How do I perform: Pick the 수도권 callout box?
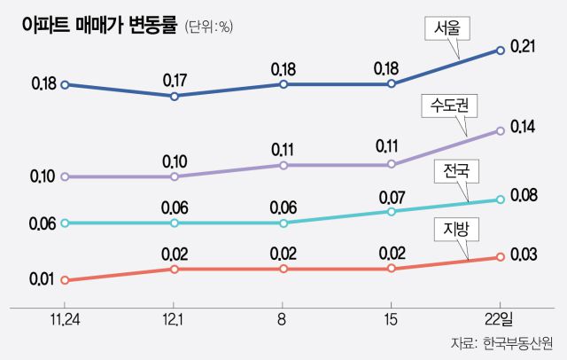[448, 108]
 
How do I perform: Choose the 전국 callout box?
[454, 171]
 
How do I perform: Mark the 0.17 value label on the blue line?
[175, 81]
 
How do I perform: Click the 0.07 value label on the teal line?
[391, 196]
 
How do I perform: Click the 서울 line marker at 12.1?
[175, 95]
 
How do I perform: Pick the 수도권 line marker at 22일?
[501, 130]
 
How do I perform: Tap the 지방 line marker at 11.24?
[66, 280]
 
